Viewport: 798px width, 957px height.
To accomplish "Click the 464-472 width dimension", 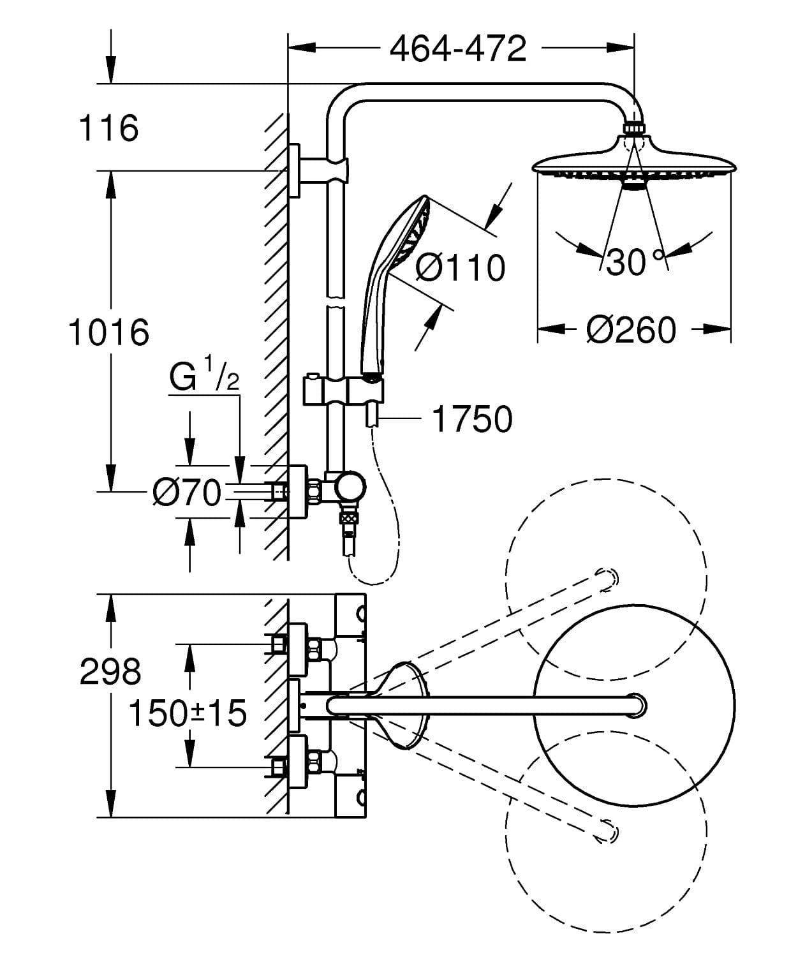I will (458, 48).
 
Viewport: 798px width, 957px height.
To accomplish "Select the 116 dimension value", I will (108, 128).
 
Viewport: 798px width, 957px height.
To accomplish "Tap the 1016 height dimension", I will (108, 332).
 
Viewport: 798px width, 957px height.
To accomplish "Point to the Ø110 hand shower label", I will (460, 268).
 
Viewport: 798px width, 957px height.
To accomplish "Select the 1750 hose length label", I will (472, 419).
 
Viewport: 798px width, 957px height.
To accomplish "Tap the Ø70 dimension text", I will (186, 493).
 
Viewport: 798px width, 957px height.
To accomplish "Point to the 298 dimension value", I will (110, 672).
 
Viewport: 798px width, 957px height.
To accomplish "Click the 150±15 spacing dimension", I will (188, 713).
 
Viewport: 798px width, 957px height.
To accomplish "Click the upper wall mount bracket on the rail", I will (319, 170).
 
